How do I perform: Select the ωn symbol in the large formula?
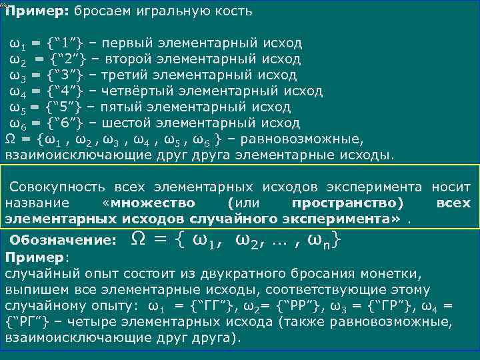tap(321, 240)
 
